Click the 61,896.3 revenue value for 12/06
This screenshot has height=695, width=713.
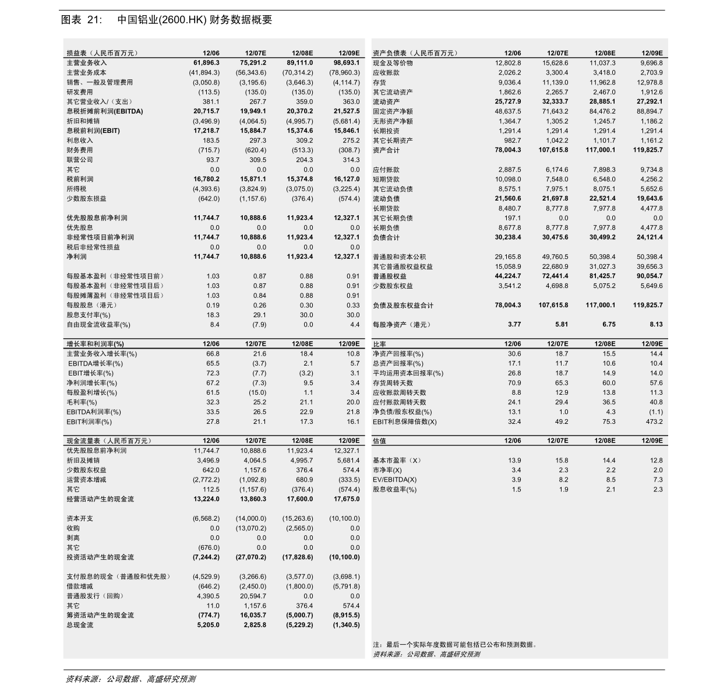coord(206,63)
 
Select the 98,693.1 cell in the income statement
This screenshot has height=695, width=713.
coord(347,63)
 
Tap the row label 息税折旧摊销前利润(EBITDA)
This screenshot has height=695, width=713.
coord(105,111)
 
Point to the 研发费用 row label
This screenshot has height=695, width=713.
coord(80,92)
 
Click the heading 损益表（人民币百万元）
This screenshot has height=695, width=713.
coord(103,53)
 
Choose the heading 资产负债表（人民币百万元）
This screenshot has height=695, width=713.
coord(415,53)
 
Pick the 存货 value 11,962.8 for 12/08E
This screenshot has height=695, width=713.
coord(602,82)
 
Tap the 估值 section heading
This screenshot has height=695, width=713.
coord(379,441)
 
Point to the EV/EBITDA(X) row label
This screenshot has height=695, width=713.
coord(395,480)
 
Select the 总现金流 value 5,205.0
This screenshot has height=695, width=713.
coord(208,625)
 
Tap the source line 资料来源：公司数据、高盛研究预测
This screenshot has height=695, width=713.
coord(426,654)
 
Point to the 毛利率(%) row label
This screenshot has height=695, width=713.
coord(82,402)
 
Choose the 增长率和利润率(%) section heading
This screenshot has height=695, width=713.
coord(95,344)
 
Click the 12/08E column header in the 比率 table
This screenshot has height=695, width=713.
coord(605,344)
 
